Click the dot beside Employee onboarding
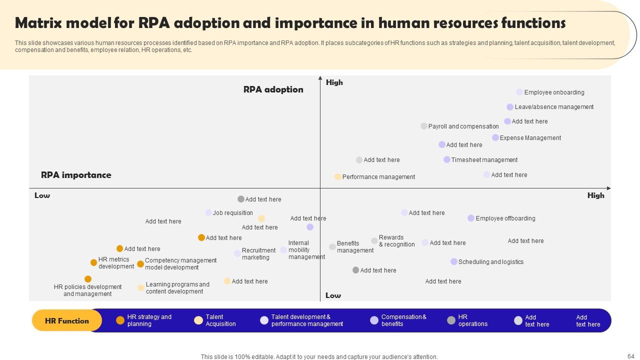pos(519,92)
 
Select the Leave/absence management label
pos(554,107)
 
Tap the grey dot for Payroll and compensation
pos(424,126)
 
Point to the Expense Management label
pos(530,138)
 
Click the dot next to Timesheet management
pos(447,160)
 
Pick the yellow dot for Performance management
pos(338,177)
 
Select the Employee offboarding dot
pos(471,218)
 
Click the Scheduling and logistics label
pos(490,262)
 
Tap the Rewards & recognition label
pos(396,241)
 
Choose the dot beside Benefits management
pos(332,247)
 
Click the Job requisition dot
pos(208,213)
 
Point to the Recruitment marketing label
pos(258,254)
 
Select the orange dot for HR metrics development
pos(93,262)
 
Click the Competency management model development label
pos(180,264)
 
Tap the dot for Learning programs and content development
pos(141,288)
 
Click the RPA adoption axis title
pos(273,89)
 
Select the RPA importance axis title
pos(76,175)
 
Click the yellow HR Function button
pos(67,321)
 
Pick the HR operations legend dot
pos(451,320)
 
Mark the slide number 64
pos(630,356)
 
